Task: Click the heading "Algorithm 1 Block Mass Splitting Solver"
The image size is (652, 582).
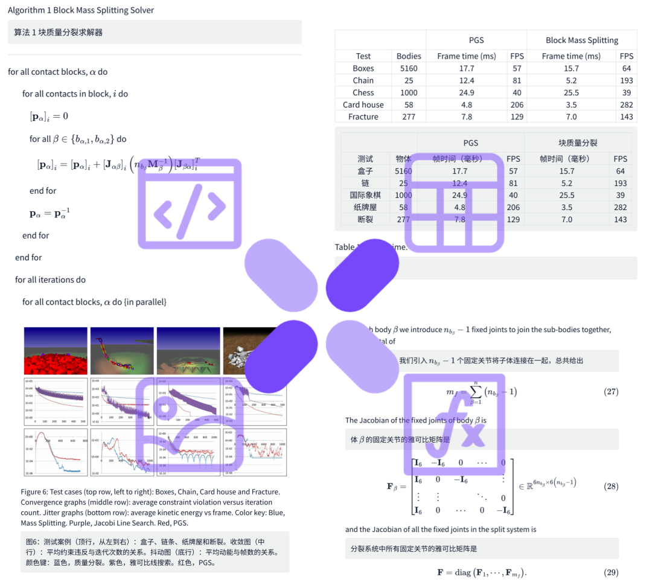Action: pyautogui.click(x=81, y=10)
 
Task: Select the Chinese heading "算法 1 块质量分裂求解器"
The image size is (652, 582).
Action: pyautogui.click(x=59, y=32)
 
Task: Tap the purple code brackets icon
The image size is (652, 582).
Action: pyautogui.click(x=190, y=204)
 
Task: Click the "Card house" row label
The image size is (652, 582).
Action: pyautogui.click(x=363, y=104)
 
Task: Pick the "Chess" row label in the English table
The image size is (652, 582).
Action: pyautogui.click(x=363, y=92)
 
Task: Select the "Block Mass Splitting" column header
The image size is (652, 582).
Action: pyautogui.click(x=582, y=40)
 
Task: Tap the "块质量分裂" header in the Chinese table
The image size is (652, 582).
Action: pyautogui.click(x=578, y=143)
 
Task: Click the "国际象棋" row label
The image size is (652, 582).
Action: pyautogui.click(x=365, y=195)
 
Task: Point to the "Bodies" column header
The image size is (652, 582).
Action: pyautogui.click(x=409, y=56)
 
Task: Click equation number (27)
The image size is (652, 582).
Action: pyautogui.click(x=611, y=392)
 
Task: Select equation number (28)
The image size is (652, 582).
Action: pyautogui.click(x=611, y=487)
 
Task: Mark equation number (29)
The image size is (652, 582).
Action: pyautogui.click(x=611, y=572)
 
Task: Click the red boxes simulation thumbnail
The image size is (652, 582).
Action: pyautogui.click(x=56, y=351)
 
